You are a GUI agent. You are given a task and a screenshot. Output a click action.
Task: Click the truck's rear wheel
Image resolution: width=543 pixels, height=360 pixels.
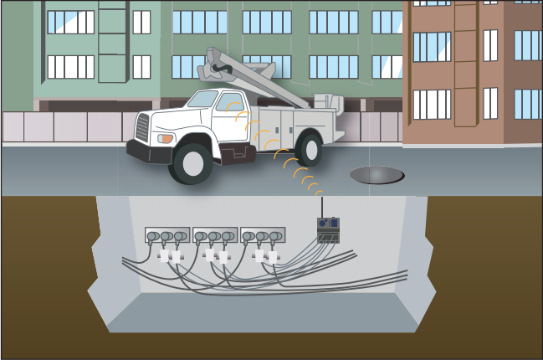pos(310,149)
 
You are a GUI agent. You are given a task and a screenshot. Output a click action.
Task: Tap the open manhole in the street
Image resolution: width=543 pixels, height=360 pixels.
pos(377,175)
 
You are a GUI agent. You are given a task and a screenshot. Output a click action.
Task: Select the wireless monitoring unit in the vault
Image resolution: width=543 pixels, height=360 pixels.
pos(328,230)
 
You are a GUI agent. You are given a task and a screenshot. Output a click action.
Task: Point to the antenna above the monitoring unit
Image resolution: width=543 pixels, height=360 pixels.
pos(322,206)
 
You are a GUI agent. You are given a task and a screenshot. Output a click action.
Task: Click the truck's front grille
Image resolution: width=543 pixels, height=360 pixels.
pos(142,128)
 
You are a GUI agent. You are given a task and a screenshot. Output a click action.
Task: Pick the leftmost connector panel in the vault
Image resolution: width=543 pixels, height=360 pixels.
pos(166,235)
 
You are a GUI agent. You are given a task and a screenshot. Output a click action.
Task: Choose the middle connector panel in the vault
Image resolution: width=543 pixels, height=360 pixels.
pos(214,235)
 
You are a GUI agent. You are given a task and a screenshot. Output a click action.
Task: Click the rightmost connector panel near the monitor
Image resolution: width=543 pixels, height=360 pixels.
pos(263,235)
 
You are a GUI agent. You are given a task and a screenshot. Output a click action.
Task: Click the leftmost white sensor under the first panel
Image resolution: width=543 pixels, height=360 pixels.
pos(164,255)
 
